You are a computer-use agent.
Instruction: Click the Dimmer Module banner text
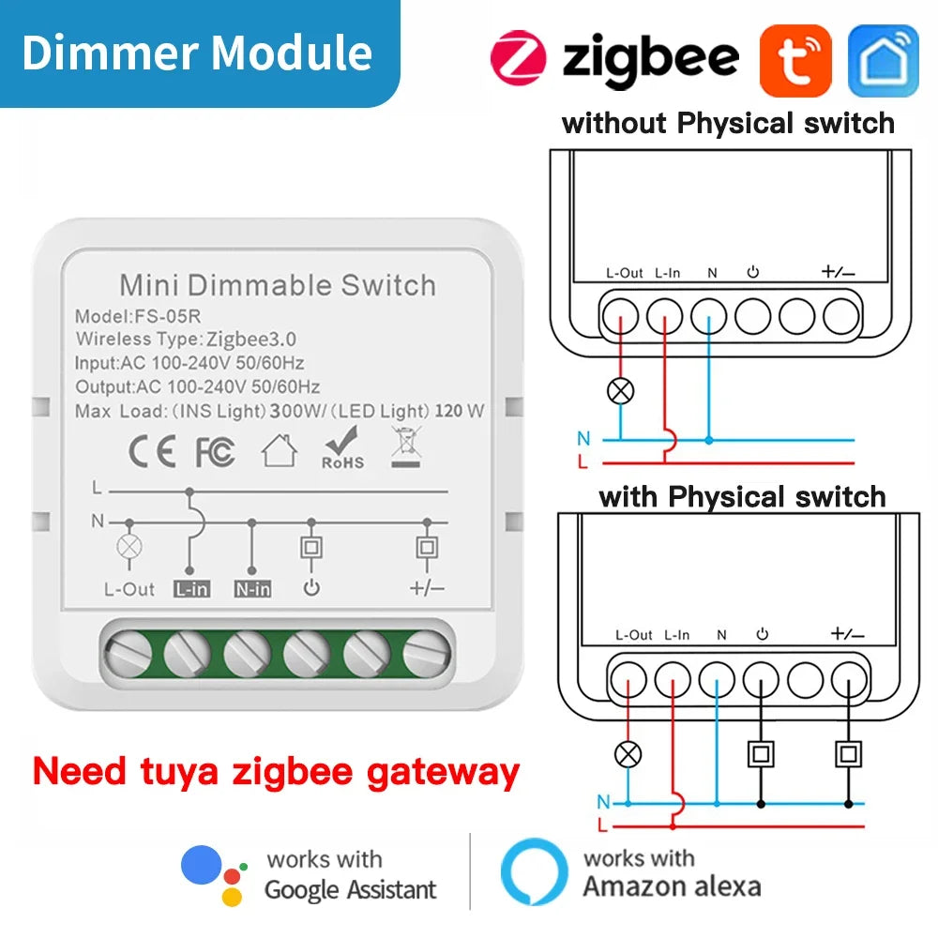[x=197, y=53]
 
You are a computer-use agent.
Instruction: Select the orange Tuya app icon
[x=795, y=60]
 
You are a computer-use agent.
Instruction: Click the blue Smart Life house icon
[x=883, y=60]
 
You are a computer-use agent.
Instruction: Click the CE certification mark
[x=152, y=452]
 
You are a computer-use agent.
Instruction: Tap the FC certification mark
[x=215, y=452]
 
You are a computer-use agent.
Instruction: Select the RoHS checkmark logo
[x=342, y=448]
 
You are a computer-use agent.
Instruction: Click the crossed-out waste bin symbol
[x=404, y=446]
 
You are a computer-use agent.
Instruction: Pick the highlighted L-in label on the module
[x=190, y=589]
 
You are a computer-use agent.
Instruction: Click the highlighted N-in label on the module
[x=251, y=589]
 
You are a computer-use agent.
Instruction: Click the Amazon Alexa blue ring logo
[x=534, y=872]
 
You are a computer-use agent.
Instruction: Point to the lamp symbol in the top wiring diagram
[x=621, y=391]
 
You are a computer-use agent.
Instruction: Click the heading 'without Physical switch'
[x=728, y=123]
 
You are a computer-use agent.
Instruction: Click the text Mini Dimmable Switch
[x=278, y=284]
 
